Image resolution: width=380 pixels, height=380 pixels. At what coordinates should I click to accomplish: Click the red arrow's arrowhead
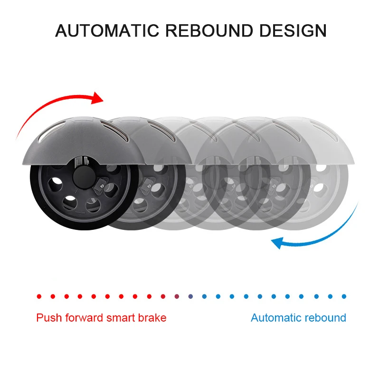(97, 98)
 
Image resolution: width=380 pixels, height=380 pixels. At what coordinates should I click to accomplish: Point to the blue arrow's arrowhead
(277, 243)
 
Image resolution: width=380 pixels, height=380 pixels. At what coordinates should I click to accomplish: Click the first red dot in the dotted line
(39, 296)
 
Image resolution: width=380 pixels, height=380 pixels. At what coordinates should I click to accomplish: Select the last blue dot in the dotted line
(344, 296)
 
